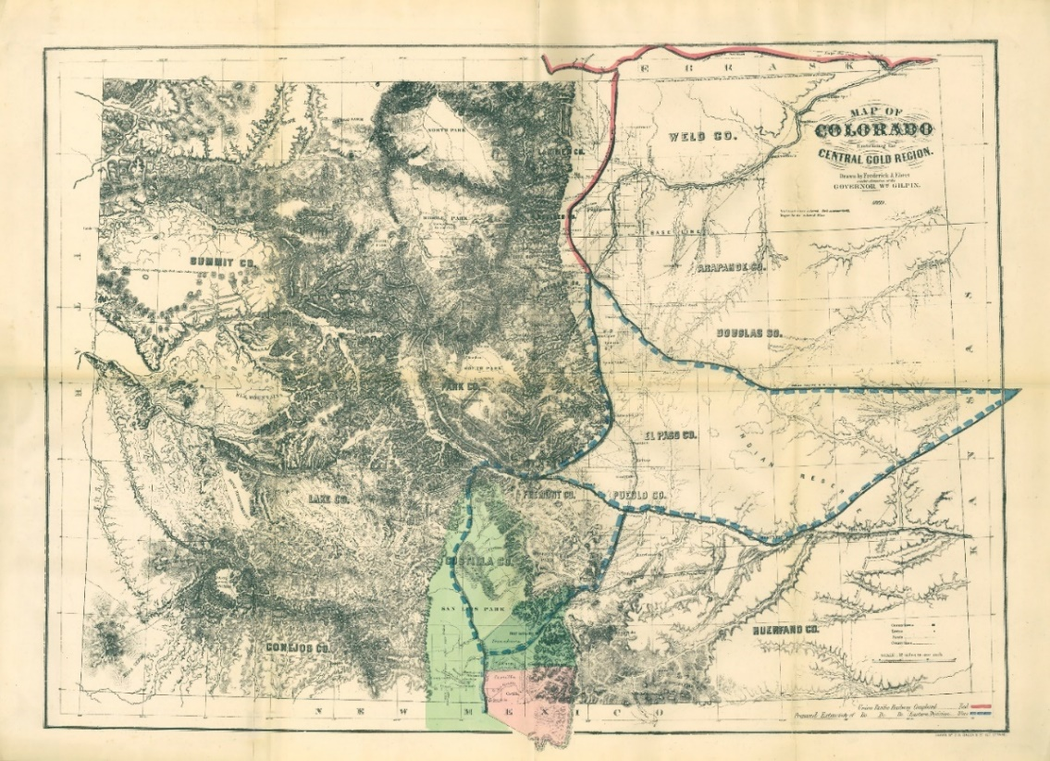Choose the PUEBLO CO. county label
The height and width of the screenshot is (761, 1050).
[x=638, y=497]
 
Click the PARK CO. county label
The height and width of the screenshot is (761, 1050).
[x=460, y=385]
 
